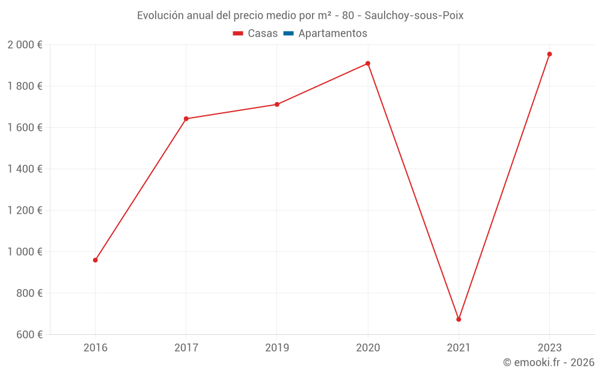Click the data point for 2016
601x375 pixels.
pos(95,260)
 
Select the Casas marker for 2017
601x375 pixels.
pos(186,119)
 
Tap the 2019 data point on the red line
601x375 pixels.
pos(277,104)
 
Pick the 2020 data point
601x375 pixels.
pos(368,64)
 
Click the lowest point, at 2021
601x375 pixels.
pos(459,319)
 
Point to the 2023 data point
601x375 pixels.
pos(549,54)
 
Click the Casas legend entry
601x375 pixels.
pos(255,34)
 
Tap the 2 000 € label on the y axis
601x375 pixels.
pos(25,45)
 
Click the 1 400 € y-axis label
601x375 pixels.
pos(25,169)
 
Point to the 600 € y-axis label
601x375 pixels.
pos(28,335)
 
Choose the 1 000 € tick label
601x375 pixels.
pos(25,252)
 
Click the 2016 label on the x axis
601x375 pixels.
pos(95,347)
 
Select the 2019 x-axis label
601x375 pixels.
pos(277,347)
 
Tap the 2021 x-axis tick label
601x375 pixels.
pos(459,347)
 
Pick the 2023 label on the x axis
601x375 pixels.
pos(549,347)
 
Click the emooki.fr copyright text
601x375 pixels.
pos(549,362)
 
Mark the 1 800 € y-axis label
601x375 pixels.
pos(25,86)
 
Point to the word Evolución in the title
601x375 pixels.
pos(160,16)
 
